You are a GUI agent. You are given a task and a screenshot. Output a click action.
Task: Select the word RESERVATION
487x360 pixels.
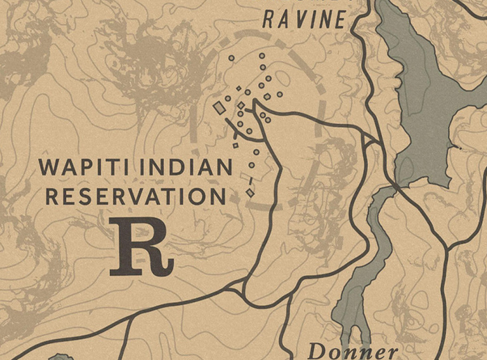coord(136,196)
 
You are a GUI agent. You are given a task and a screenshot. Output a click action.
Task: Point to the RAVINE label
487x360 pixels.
coord(304,19)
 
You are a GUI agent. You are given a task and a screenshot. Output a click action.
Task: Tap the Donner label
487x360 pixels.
coord(353,350)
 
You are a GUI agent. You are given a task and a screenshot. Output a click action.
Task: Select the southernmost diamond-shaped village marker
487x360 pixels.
coord(250,192)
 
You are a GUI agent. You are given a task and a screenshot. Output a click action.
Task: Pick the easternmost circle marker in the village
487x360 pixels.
coord(280,94)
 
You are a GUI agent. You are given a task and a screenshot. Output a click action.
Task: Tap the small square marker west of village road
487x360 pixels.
coord(235,146)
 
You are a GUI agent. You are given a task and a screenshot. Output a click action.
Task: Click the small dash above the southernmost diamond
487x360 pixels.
coord(251,181)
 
